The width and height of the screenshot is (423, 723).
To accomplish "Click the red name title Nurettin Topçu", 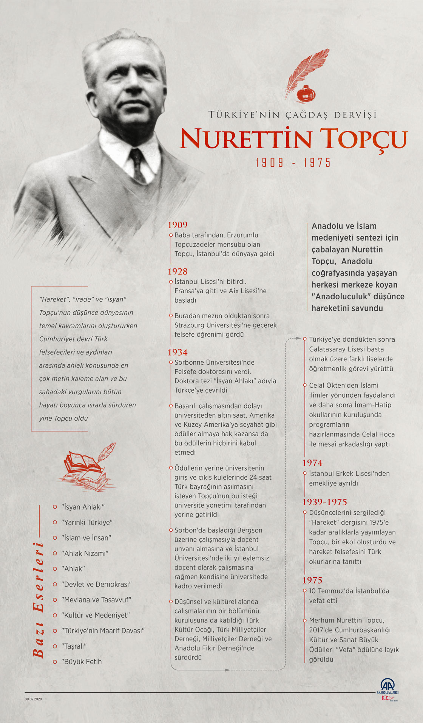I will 293,138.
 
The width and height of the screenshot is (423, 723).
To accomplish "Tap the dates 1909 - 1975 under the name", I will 293,163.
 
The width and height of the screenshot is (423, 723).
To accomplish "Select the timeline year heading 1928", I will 178,271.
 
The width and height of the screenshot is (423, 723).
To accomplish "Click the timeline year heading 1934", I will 178,352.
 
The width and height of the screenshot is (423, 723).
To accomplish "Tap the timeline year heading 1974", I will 312,463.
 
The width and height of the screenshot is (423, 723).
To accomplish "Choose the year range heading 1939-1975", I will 324,502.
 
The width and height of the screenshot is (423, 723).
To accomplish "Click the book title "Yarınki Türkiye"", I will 87,522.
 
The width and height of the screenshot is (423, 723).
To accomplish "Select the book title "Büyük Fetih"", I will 82,661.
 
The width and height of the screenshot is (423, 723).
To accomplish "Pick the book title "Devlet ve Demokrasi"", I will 96,584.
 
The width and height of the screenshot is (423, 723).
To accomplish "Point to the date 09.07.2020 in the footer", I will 34,699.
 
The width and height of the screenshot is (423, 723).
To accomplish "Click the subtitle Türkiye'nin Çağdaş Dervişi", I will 293,115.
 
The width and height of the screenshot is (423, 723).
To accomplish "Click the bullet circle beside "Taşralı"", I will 55,646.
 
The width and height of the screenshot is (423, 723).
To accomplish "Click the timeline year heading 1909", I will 178,225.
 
